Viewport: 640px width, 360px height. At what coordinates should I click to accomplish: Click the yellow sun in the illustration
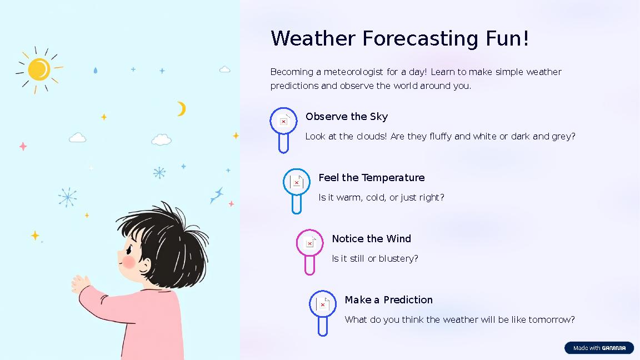pos(39,69)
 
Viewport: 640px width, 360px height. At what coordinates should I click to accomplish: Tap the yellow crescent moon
pos(181,109)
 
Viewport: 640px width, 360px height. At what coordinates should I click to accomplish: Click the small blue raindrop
pos(95,71)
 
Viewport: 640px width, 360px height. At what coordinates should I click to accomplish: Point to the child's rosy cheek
pos(129,262)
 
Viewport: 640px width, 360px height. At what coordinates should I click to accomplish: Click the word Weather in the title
pos(313,39)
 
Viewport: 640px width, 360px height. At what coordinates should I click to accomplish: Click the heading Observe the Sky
pos(347,117)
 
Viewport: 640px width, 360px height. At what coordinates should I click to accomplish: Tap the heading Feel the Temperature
pos(371,178)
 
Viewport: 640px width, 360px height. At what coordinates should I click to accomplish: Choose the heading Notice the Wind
pos(371,239)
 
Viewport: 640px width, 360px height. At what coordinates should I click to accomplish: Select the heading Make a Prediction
pos(388,300)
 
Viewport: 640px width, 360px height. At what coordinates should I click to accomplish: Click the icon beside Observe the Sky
pos(283,121)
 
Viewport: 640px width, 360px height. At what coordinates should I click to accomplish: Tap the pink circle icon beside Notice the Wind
pos(309,243)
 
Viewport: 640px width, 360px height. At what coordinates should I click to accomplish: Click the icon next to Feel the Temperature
pos(297,182)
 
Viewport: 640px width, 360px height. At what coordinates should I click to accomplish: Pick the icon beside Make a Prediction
pos(323,304)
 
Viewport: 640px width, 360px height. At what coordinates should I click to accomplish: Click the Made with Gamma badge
pos(599,348)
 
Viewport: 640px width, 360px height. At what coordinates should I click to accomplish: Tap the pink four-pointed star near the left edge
pos(23,146)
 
